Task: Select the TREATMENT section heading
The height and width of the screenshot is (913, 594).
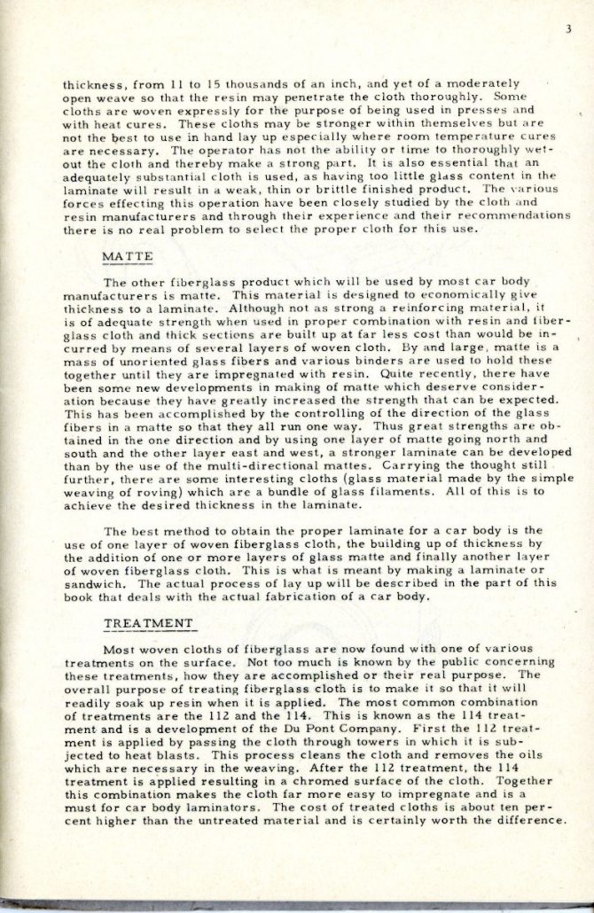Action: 148,623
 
